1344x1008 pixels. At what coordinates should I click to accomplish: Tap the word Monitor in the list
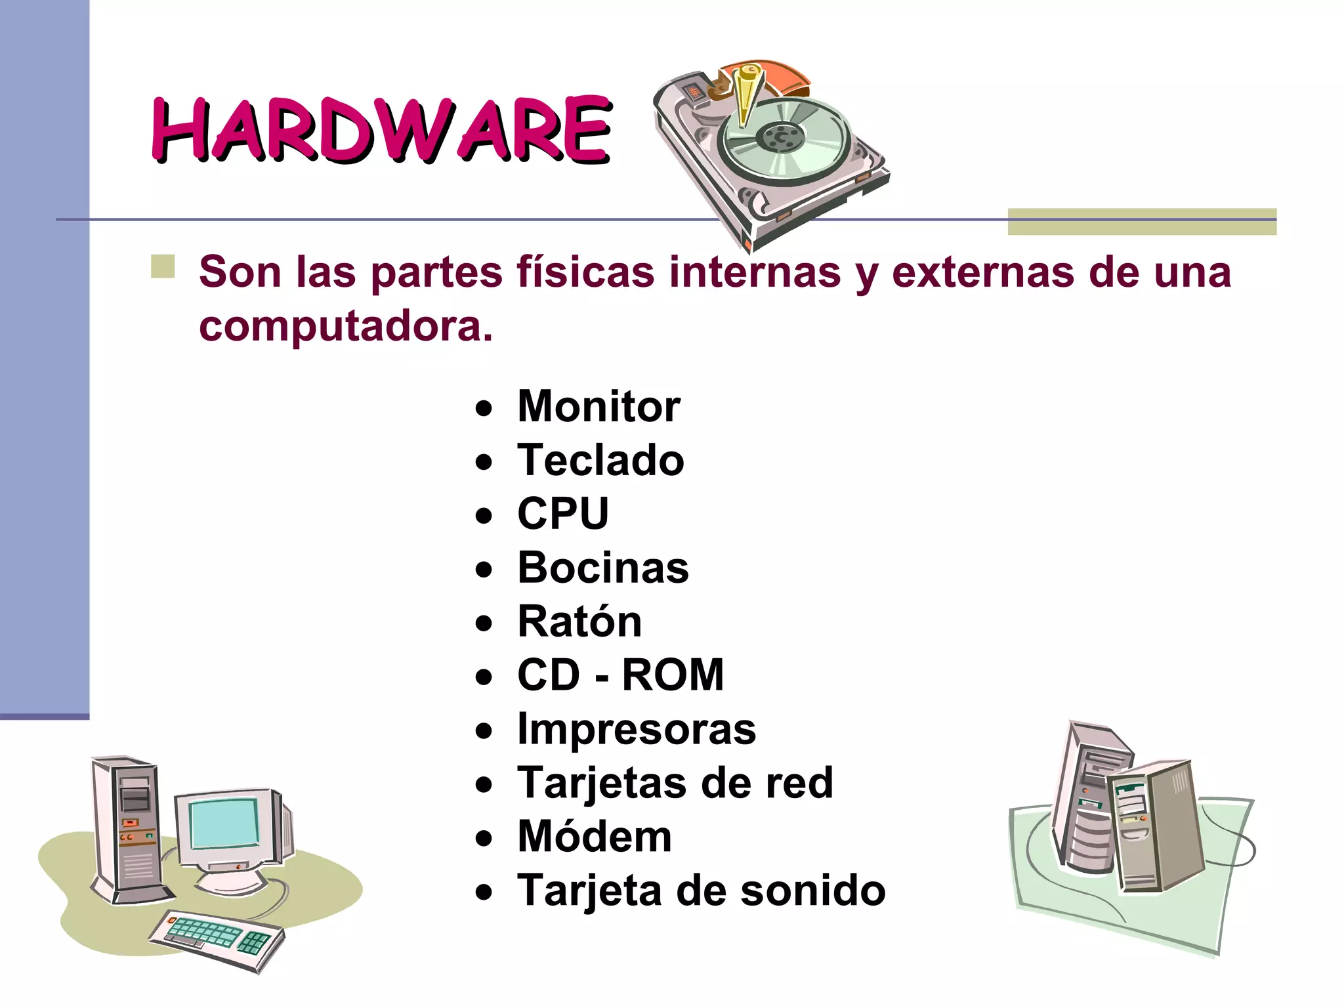coord(598,407)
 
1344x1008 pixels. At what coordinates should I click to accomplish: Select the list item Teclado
coord(600,460)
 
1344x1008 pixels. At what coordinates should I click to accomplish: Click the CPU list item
coord(563,514)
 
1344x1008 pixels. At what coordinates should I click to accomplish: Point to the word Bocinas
coord(603,568)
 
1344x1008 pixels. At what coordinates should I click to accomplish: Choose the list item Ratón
coord(579,621)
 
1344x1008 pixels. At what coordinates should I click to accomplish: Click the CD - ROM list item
coord(620,675)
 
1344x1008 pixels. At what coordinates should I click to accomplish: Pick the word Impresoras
coord(637,729)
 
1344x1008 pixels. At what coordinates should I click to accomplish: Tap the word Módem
coord(595,837)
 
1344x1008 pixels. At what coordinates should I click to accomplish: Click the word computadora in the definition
coord(345,325)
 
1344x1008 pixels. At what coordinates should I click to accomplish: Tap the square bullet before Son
coord(163,267)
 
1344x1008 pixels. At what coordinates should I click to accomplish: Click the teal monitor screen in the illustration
coord(224,824)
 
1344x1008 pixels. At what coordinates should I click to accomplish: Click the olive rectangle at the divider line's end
coord(1142,221)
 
